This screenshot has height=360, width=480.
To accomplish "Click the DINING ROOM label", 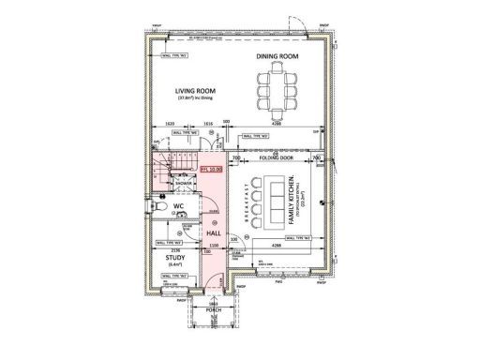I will point(277,57).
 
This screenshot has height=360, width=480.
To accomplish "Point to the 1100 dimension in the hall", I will point(213,244).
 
